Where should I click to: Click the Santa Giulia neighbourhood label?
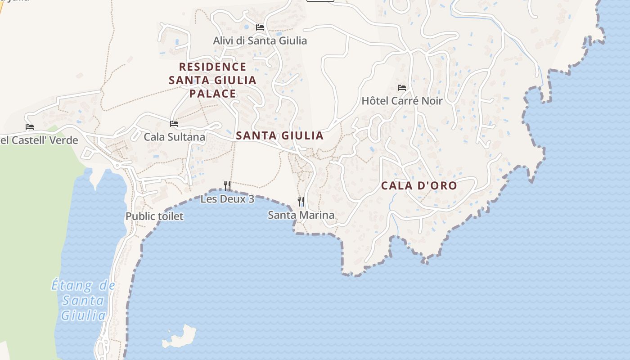279,135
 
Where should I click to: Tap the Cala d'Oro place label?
419,185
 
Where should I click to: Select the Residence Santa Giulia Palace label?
212,80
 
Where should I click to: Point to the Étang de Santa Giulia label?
83,300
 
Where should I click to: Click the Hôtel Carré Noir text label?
402,101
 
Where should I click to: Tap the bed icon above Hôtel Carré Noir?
402,88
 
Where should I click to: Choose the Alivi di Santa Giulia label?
260,40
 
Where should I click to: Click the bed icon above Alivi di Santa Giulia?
260,27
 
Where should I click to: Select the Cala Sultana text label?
174,137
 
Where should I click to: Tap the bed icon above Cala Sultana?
174,124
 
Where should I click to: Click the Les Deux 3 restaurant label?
227,198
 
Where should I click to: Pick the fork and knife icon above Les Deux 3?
227,185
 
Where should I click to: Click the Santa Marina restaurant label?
301,215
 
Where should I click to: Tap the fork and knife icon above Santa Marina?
301,202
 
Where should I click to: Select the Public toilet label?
154,216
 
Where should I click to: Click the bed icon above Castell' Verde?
30,127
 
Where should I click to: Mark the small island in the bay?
180,337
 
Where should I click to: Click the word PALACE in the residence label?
212,94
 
